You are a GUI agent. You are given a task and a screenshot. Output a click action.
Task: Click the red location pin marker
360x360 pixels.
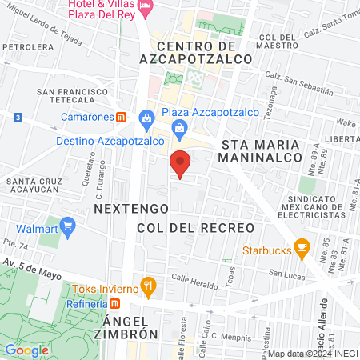[181, 163]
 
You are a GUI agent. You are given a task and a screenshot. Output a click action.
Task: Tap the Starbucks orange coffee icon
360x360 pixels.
[302, 247]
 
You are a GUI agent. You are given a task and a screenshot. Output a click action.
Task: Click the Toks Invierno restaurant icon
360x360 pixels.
[147, 285]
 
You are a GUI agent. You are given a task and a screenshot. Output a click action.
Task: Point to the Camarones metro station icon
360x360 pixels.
[120, 116]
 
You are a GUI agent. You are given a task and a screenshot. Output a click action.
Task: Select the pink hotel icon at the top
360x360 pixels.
[146, 7]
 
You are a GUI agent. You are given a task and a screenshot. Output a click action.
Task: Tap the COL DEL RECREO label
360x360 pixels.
[195, 228]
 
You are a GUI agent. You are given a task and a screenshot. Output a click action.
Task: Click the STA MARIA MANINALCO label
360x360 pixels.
[259, 151]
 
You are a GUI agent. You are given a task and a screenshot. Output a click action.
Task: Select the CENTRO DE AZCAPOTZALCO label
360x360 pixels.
[195, 51]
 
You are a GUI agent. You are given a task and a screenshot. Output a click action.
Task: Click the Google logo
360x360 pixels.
[26, 350]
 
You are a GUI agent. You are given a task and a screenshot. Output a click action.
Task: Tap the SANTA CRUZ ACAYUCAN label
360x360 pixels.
[35, 186]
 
